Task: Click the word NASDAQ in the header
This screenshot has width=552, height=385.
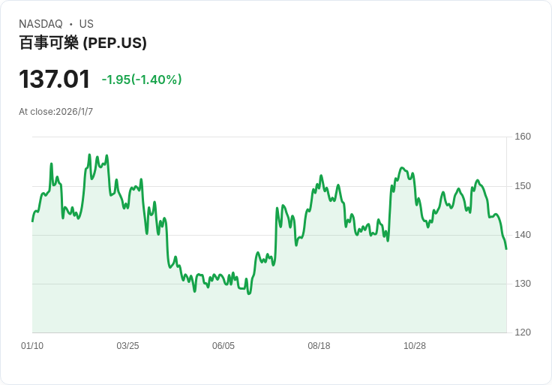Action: [40, 24]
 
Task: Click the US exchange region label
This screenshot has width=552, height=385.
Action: [86, 24]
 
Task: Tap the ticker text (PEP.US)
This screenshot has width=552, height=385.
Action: [115, 43]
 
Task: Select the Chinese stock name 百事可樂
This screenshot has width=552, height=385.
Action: [49, 43]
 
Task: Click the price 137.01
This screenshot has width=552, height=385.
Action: [54, 80]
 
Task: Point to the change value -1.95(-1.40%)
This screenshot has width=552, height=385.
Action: [142, 80]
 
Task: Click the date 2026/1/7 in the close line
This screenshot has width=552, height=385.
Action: [74, 112]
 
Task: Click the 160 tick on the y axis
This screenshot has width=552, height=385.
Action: [523, 137]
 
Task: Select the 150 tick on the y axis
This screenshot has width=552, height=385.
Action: [523, 186]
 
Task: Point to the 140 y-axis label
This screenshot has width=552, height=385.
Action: [523, 235]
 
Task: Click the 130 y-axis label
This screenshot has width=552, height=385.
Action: [523, 284]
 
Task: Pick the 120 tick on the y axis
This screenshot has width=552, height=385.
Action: [523, 332]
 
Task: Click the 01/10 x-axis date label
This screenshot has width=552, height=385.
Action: [32, 346]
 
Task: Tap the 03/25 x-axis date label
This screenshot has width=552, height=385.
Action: [127, 346]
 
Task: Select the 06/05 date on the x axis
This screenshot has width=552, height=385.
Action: [223, 346]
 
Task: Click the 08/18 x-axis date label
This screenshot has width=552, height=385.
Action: [319, 346]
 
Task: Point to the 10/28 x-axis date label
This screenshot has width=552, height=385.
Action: [415, 346]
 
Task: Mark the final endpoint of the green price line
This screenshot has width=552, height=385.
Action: [506, 248]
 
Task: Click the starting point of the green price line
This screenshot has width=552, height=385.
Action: [32, 221]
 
